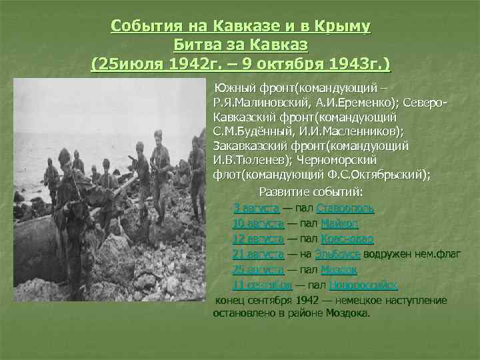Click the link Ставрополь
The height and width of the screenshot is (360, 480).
pyautogui.click(x=345, y=207)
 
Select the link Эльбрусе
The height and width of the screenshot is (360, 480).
pyautogui.click(x=338, y=254)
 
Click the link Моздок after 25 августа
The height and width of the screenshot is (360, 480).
pyautogui.click(x=339, y=270)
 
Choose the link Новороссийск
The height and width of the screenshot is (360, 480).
pyautogui.click(x=363, y=285)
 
